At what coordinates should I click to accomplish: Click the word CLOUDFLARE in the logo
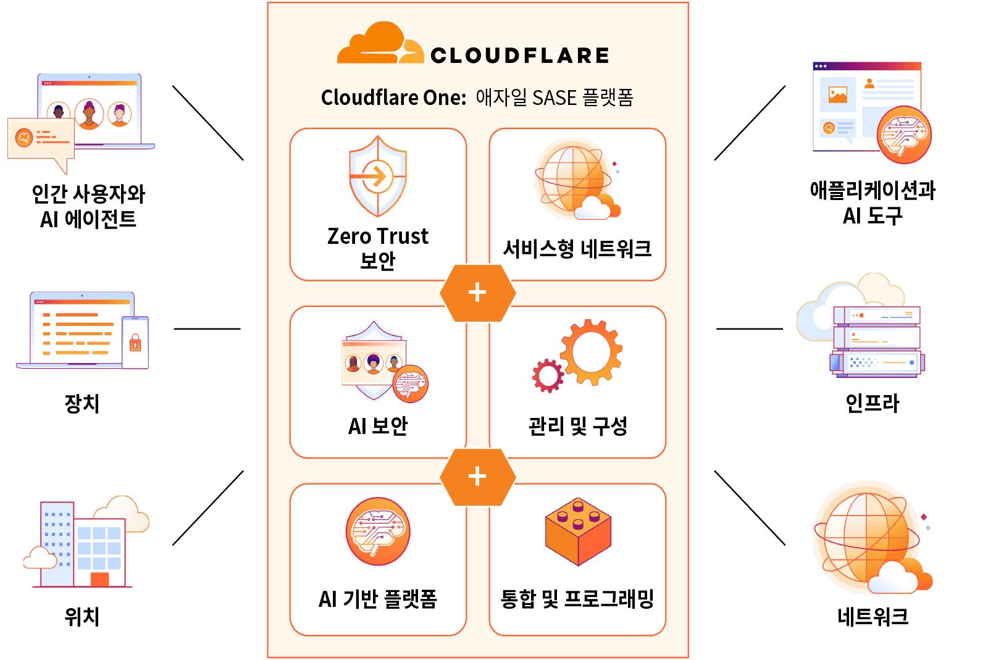(x=520, y=56)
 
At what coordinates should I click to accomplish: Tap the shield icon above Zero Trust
(x=377, y=176)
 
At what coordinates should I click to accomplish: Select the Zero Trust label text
(x=377, y=236)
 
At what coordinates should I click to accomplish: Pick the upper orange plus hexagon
(x=478, y=293)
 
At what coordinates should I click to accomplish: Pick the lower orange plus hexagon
(x=478, y=477)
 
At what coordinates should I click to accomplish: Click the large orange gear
(x=591, y=352)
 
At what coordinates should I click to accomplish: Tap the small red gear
(x=548, y=375)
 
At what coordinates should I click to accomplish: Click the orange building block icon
(x=578, y=531)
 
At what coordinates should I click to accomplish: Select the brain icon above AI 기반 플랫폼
(x=378, y=531)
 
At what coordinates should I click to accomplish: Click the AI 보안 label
(x=378, y=426)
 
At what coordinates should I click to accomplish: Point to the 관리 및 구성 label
(x=577, y=426)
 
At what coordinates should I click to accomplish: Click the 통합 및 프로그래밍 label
(x=577, y=599)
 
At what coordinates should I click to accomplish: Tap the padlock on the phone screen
(x=135, y=343)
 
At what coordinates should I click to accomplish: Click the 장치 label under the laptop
(x=82, y=403)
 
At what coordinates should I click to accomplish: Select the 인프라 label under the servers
(x=872, y=403)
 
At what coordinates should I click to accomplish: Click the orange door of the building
(x=99, y=579)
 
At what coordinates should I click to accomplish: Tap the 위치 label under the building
(x=82, y=616)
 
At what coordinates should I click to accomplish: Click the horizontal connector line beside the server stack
(x=750, y=329)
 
